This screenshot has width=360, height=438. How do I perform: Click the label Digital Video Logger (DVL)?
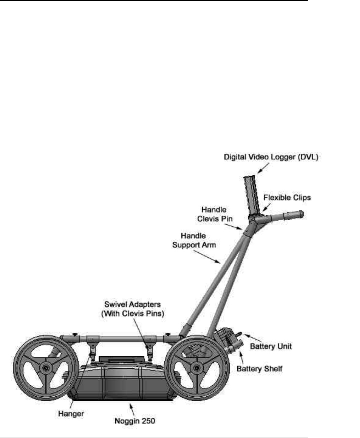pyautogui.click(x=271, y=157)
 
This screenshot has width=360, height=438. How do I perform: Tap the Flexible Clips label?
pyautogui.click(x=287, y=197)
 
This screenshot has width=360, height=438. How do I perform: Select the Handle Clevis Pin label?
pyautogui.click(x=215, y=214)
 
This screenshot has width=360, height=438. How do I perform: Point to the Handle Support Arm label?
pyautogui.click(x=194, y=240)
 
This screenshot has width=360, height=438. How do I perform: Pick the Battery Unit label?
pyautogui.click(x=271, y=346)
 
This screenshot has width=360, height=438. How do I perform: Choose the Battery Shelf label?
pyautogui.click(x=260, y=369)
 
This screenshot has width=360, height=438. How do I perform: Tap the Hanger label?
pyautogui.click(x=71, y=413)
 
